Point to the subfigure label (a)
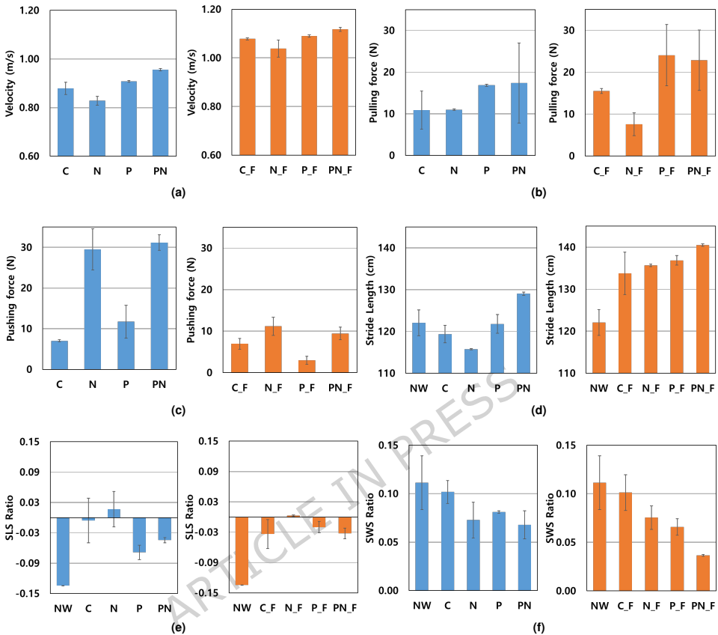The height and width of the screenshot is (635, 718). click(x=177, y=192)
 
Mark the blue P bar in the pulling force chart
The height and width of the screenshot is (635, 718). click(x=486, y=120)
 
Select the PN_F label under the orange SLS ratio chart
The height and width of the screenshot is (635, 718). click(x=345, y=607)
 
